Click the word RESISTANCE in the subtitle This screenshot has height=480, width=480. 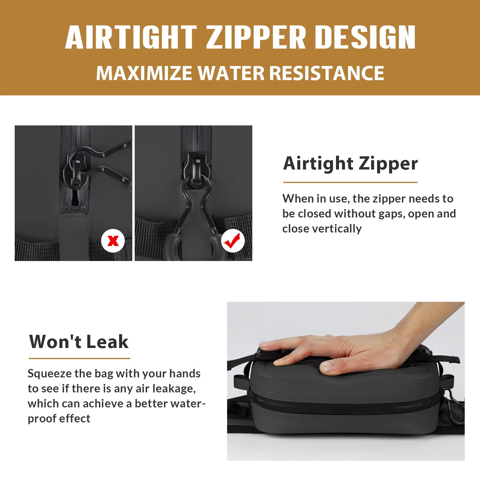[327, 73]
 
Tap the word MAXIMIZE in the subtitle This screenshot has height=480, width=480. [144, 73]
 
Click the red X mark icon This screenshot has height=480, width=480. [113, 241]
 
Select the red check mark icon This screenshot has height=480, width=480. [233, 241]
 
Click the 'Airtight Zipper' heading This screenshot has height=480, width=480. [350, 164]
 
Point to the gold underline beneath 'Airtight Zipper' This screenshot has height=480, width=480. [350, 182]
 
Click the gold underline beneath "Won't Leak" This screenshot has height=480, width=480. [79, 358]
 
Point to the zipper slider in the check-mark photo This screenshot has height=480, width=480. [196, 171]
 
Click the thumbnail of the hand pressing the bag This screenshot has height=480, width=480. [346, 381]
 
